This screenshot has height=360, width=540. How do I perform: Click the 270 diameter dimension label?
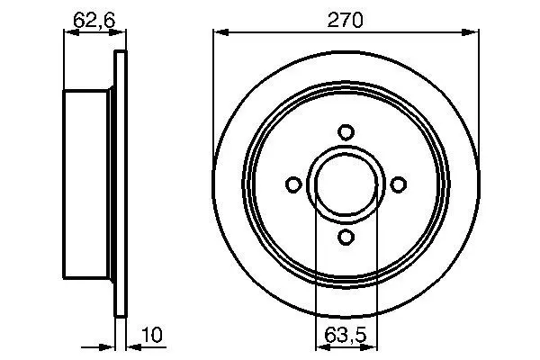click(345, 21)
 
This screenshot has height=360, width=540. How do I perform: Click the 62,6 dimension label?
click(94, 21)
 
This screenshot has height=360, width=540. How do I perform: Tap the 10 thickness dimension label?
click(152, 335)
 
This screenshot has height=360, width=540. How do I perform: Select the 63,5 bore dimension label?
click(346, 335)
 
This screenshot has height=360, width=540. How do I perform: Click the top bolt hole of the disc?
click(346, 132)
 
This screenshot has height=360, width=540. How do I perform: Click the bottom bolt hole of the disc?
click(346, 237)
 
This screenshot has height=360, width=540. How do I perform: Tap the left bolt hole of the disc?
click(293, 184)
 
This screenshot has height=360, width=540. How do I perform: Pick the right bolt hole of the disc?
click(399, 184)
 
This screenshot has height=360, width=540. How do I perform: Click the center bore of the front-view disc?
click(346, 184)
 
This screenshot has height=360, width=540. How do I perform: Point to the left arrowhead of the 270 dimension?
click(221, 32)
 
